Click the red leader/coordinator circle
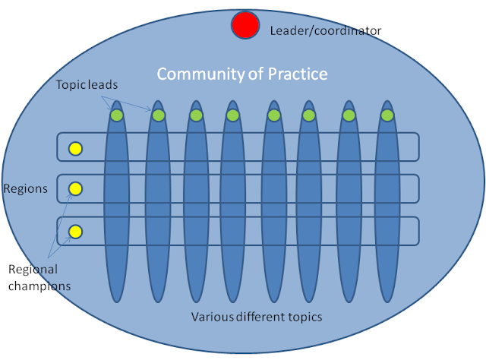pyautogui.click(x=245, y=25)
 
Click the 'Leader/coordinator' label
pyautogui.click(x=326, y=30)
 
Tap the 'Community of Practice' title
pyautogui.click(x=242, y=74)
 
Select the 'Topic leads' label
pyautogui.click(x=87, y=84)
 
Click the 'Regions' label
pyautogui.click(x=25, y=188)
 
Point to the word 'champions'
pyautogui.click(x=39, y=286)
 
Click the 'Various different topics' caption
pyautogui.click(x=257, y=317)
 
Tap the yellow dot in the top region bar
pyautogui.click(x=75, y=149)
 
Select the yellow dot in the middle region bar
pyautogui.click(x=75, y=188)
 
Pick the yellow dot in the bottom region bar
pyautogui.click(x=75, y=232)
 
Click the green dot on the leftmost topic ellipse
pyautogui.click(x=117, y=115)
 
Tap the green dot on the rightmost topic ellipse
pyautogui.click(x=387, y=115)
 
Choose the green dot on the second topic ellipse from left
pyautogui.click(x=159, y=115)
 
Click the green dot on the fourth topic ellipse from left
pyautogui.click(x=233, y=115)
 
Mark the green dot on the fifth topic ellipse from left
pyautogui.click(x=273, y=115)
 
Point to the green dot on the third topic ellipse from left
pyautogui.click(x=196, y=115)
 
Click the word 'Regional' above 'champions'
pyautogui.click(x=33, y=270)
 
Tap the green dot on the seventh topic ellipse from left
pyautogui.click(x=349, y=115)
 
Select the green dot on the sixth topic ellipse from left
pyautogui.click(x=309, y=115)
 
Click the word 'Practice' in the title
pyautogui.click(x=298, y=74)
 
